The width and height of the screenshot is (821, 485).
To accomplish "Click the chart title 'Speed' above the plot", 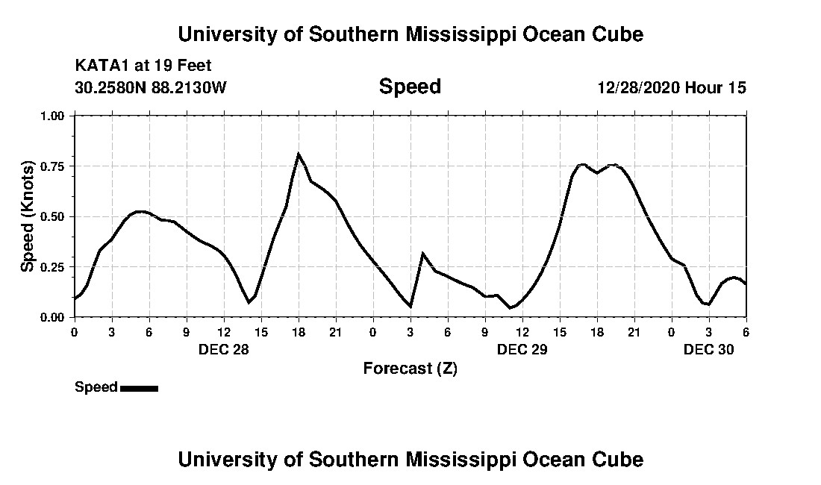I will pyautogui.click(x=410, y=87).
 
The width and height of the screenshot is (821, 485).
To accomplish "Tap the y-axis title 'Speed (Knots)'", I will pyautogui.click(x=28, y=216).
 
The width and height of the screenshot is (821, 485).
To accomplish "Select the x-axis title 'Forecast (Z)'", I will pyautogui.click(x=410, y=368).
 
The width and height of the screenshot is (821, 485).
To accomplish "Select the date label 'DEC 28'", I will pyautogui.click(x=224, y=349).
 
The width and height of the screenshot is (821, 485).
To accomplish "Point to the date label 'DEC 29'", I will pyautogui.click(x=522, y=349).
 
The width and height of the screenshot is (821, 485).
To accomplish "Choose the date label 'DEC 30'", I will pyautogui.click(x=709, y=349).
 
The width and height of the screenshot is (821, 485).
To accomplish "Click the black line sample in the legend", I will pyautogui.click(x=139, y=388).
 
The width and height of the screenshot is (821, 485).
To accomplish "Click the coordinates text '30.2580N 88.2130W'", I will pyautogui.click(x=150, y=87).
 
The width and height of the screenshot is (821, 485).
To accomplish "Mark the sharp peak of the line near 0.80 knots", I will pyautogui.click(x=299, y=154).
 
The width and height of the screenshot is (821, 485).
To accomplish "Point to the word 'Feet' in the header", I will pyautogui.click(x=193, y=66).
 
